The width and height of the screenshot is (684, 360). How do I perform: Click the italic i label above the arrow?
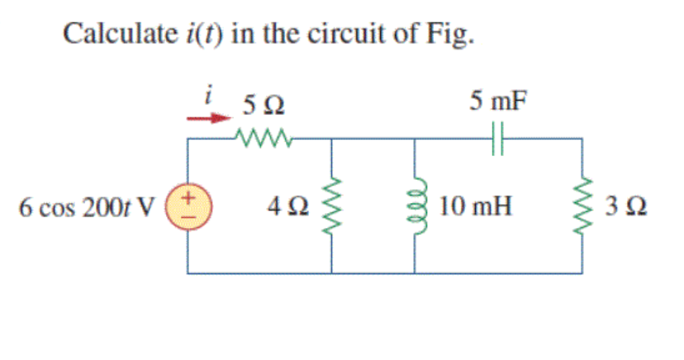[211, 97]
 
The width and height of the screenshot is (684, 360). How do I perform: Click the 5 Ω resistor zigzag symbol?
[262, 137]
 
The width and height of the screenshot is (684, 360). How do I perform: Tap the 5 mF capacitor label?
[497, 102]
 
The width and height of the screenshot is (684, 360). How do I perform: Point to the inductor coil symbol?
[416, 205]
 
